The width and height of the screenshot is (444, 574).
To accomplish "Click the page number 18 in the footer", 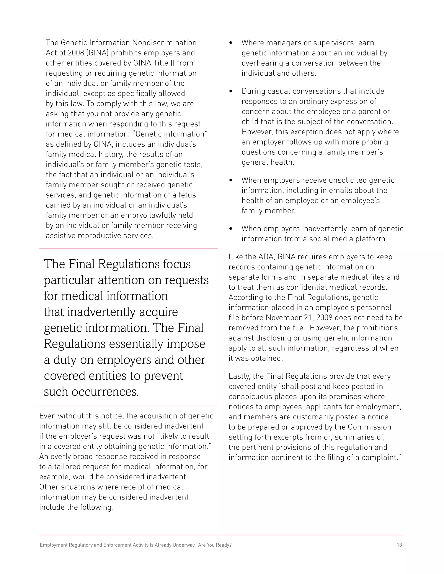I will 399,545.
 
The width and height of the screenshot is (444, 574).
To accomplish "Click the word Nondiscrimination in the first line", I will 164,43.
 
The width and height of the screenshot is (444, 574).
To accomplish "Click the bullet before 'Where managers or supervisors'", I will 231,43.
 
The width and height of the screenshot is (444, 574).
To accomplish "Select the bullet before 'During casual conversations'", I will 231,91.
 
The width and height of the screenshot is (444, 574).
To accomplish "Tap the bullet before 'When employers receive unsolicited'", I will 231,180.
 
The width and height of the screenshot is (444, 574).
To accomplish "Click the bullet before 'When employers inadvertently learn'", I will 231,229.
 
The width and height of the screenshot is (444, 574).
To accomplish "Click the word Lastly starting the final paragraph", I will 239,376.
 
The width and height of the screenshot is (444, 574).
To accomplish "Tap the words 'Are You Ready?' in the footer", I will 215,545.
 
